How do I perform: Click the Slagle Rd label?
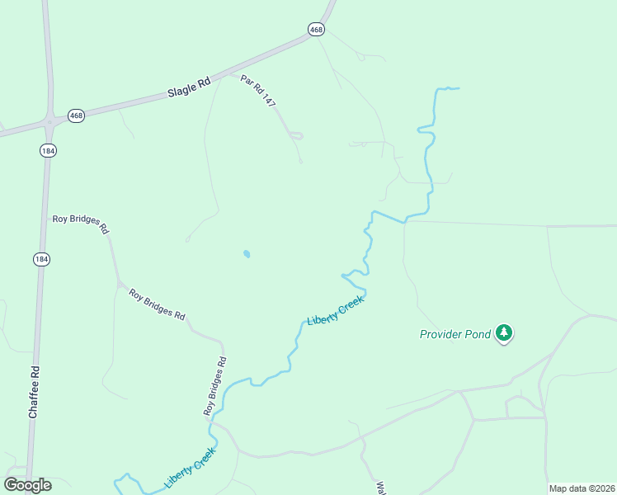(189, 87)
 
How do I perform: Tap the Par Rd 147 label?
(258, 90)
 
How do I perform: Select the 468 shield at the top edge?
(316, 29)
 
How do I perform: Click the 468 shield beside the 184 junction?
(77, 115)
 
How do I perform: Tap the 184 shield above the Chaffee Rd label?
(41, 259)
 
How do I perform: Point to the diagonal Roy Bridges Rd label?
(157, 304)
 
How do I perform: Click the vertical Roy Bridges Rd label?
(215, 385)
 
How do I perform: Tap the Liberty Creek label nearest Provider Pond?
(335, 309)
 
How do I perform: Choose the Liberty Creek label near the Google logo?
(190, 467)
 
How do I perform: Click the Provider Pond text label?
(455, 334)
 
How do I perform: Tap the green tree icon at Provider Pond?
(504, 333)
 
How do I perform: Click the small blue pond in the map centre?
(247, 254)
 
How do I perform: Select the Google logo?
(27, 485)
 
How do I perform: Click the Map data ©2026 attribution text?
(582, 488)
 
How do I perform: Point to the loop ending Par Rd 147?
(296, 135)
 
